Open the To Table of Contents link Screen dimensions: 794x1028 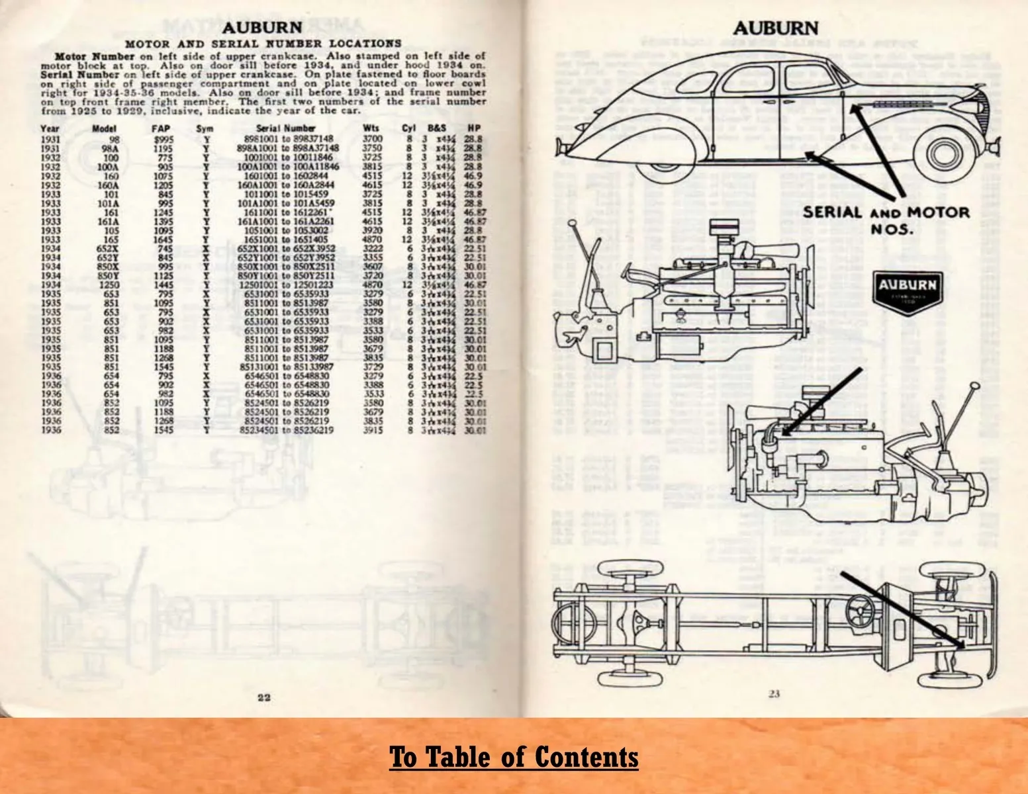pos(514,756)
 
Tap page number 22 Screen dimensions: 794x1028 pos(264,696)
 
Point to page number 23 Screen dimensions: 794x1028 pos(774,694)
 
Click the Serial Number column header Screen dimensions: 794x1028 pos(285,128)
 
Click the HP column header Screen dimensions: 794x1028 pos(473,128)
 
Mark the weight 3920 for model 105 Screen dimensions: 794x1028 pos(373,230)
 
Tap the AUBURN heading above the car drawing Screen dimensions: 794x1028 pos(775,28)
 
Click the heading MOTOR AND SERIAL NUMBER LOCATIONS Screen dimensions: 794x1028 pos(263,44)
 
